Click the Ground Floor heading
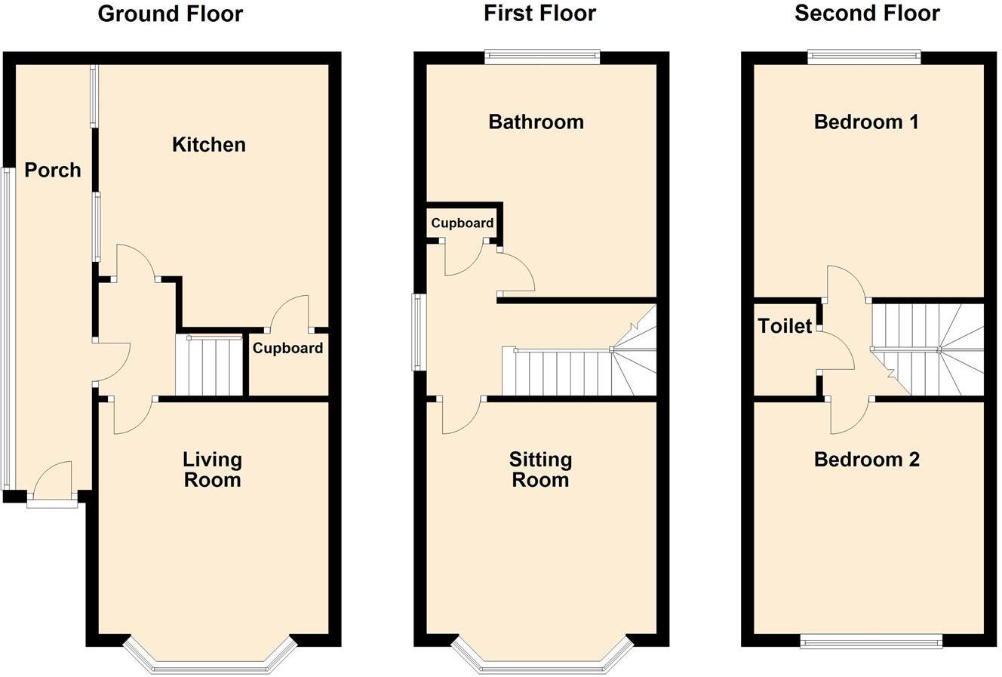(x=171, y=14)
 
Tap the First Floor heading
(x=539, y=14)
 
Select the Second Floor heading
(x=867, y=14)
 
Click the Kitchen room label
(x=209, y=145)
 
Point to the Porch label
(x=52, y=171)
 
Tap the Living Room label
(x=212, y=469)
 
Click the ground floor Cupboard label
(x=287, y=349)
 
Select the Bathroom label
(x=536, y=122)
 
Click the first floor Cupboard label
(x=463, y=223)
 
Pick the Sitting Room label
(x=540, y=469)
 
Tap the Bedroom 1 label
(x=866, y=122)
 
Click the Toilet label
(x=785, y=326)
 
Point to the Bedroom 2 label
(x=867, y=460)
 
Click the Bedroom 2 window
(x=871, y=642)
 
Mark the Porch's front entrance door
(x=53, y=483)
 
